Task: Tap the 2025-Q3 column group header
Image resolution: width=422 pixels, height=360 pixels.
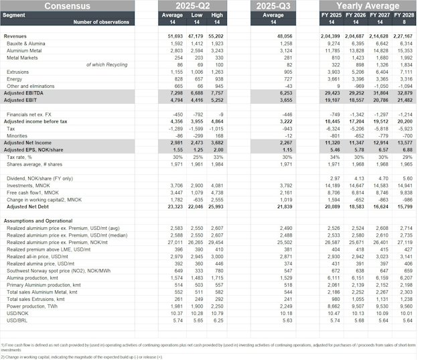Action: click(273, 6)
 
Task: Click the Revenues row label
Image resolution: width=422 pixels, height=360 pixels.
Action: click(15, 36)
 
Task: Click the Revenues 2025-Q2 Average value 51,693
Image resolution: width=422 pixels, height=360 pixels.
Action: click(175, 36)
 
